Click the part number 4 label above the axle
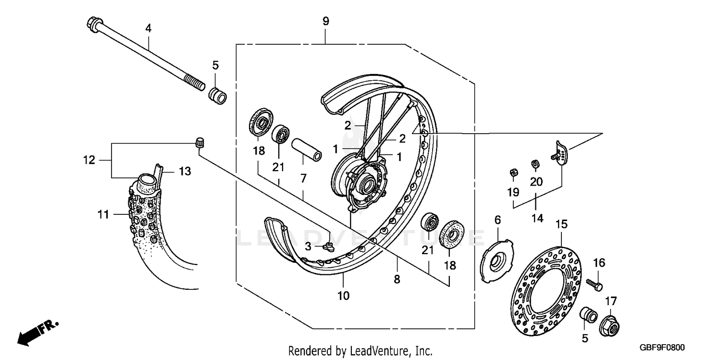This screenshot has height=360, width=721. coord(149,29)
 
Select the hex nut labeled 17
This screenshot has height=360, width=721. coord(609,327)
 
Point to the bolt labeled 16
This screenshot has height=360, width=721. coord(595,284)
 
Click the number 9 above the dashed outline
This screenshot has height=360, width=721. coord(325,21)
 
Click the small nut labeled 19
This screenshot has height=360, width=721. coord(513,172)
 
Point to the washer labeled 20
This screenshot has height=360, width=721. coord(535,164)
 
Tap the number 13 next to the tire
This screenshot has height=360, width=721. coord(185,171)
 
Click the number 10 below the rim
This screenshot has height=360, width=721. coord(343,295)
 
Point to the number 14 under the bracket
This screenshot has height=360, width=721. coord(537,218)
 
